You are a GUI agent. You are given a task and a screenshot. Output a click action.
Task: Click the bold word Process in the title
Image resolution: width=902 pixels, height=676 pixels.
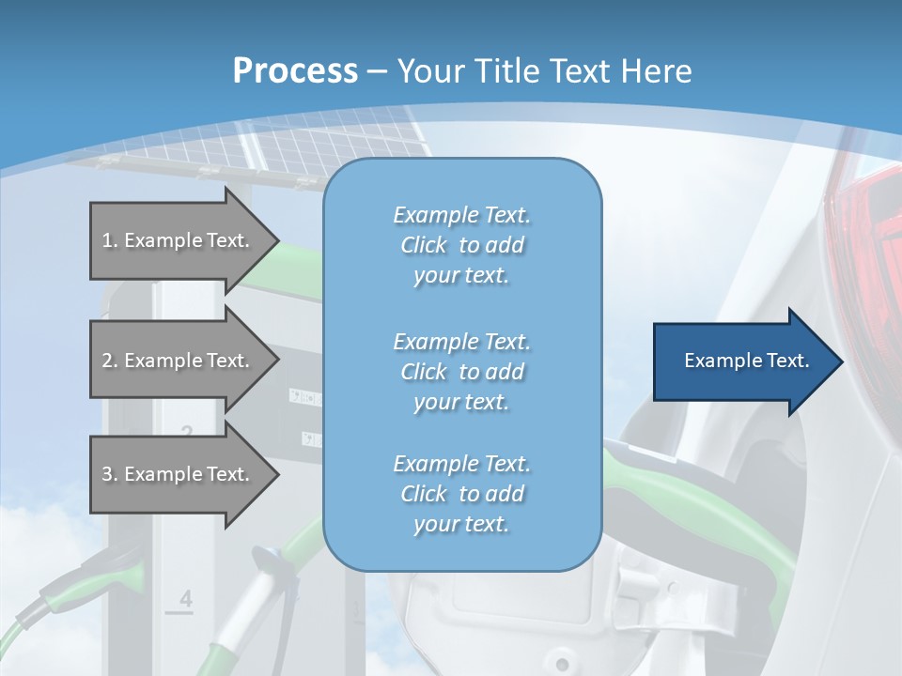[x=295, y=71]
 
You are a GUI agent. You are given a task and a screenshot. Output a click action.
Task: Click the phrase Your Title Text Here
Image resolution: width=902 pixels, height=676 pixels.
[x=545, y=71]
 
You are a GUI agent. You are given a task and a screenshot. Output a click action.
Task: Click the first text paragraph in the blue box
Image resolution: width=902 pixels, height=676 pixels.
[x=461, y=245]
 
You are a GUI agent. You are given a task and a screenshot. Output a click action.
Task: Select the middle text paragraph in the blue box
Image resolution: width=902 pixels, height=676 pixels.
[x=461, y=371]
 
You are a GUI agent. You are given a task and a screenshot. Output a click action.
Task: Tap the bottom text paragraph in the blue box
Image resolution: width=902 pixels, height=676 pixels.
[x=461, y=494]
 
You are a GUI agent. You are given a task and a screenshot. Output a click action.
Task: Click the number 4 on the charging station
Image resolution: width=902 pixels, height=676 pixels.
[x=185, y=599]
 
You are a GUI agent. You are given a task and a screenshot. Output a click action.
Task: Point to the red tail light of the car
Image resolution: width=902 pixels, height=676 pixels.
[x=869, y=244]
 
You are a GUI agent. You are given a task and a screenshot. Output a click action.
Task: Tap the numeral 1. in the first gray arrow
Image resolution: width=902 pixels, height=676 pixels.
[x=110, y=240]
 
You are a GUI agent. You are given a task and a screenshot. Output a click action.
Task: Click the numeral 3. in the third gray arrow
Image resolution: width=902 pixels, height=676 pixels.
[x=110, y=474]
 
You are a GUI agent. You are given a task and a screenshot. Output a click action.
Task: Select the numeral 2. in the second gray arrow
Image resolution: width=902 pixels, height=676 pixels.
[x=110, y=361]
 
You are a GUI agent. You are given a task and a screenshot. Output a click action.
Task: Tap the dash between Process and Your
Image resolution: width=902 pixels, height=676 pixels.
[x=378, y=72]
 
